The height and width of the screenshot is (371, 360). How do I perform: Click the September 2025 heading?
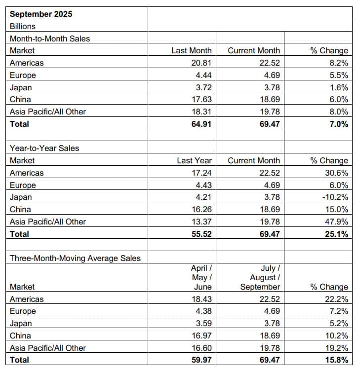pyautogui.click(x=41, y=14)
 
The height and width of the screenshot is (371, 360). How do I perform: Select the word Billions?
pyautogui.click(x=23, y=26)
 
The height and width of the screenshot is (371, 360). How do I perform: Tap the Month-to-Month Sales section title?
pyautogui.click(x=50, y=38)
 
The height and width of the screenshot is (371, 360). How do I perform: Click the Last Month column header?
pyautogui.click(x=191, y=50)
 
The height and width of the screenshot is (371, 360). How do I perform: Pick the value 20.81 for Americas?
pyautogui.click(x=201, y=63)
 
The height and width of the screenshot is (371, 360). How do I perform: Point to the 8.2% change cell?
pyautogui.click(x=338, y=63)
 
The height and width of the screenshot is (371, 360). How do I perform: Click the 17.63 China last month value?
pyautogui.click(x=201, y=99)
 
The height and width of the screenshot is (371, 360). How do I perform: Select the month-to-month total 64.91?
pyautogui.click(x=201, y=124)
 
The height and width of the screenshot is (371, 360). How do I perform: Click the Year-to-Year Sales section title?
pyautogui.click(x=44, y=148)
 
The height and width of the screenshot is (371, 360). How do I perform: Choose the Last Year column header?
pyautogui.click(x=194, y=160)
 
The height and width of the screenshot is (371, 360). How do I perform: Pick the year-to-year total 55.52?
pyautogui.click(x=201, y=234)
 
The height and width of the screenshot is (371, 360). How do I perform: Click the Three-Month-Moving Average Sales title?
pyautogui.click(x=75, y=258)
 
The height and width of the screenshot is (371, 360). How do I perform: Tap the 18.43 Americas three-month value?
pyautogui.click(x=201, y=299)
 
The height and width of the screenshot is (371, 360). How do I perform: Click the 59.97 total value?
pyautogui.click(x=201, y=360)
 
